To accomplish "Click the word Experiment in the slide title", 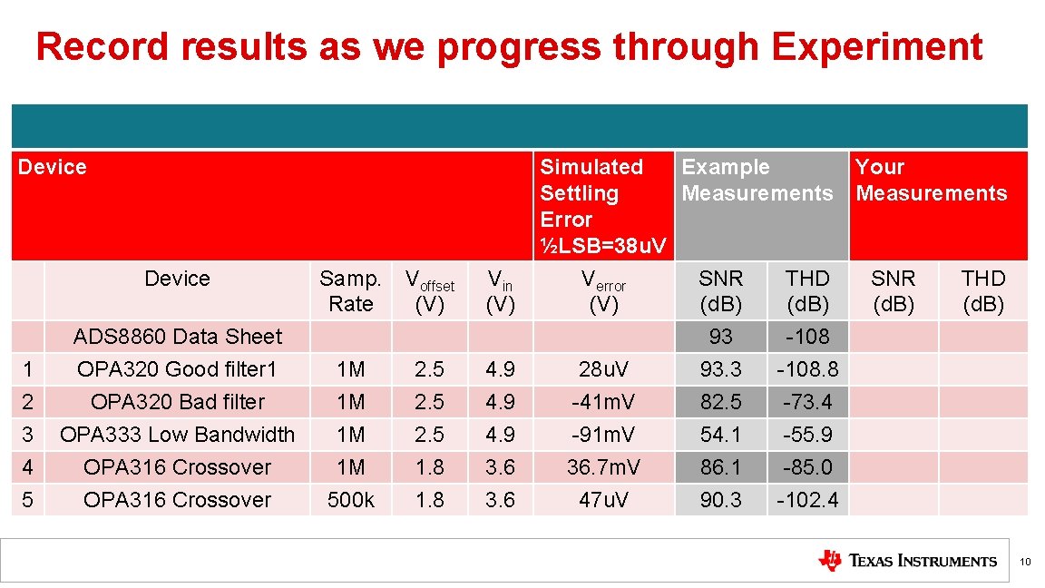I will click(x=876, y=47).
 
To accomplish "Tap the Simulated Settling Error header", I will click(x=602, y=206).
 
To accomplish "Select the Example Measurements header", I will click(x=757, y=180).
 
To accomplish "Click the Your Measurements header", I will click(x=931, y=180).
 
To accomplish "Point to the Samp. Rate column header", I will click(x=351, y=291).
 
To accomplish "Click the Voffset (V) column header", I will click(x=429, y=291).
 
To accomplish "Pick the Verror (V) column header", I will click(x=603, y=291).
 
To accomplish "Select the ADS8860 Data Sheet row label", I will click(x=177, y=337).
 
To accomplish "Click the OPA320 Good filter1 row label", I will click(x=177, y=369).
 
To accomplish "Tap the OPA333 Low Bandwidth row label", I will click(x=177, y=435).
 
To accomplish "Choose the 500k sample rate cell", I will click(x=351, y=500).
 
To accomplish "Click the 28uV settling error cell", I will click(x=603, y=369).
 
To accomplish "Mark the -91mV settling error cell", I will click(x=603, y=435).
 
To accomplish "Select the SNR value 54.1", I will click(x=720, y=435).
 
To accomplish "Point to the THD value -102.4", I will click(x=806, y=500).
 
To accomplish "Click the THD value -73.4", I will click(x=806, y=402).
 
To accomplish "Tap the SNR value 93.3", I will click(x=720, y=369).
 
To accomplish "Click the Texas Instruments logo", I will click(x=907, y=561).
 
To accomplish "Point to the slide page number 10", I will click(x=1025, y=563).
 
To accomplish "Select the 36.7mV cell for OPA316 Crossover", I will click(x=603, y=467).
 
